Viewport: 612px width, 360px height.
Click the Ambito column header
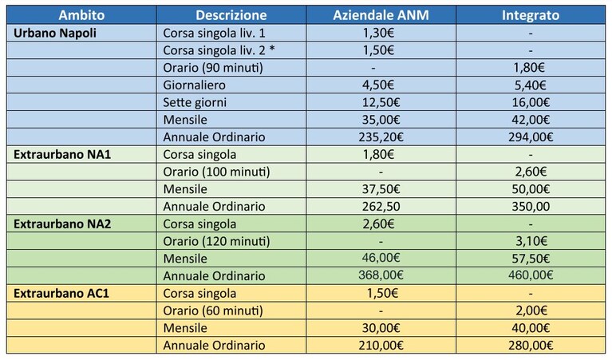pyautogui.click(x=81, y=15)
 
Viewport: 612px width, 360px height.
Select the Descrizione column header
pyautogui.click(x=231, y=15)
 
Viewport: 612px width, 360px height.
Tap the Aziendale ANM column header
pyautogui.click(x=381, y=15)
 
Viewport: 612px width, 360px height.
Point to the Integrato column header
pyautogui.click(x=531, y=15)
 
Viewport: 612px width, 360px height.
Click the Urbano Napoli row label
pyautogui.click(x=55, y=34)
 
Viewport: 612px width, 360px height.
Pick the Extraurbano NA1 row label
pyautogui.click(x=62, y=155)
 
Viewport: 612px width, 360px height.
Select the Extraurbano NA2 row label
pyautogui.click(x=62, y=224)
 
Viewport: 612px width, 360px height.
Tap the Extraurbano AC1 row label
pyautogui.click(x=61, y=293)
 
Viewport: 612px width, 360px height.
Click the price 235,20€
pyautogui.click(x=381, y=137)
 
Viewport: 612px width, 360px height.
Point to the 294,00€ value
pyautogui.click(x=531, y=137)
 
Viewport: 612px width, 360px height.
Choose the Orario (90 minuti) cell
pyautogui.click(x=213, y=68)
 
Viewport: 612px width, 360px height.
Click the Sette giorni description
pyautogui.click(x=195, y=103)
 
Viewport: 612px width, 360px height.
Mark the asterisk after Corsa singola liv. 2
pyautogui.click(x=272, y=49)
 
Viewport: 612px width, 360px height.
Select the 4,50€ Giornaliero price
pyautogui.click(x=378, y=85)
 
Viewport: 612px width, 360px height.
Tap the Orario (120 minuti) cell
pyautogui.click(x=216, y=241)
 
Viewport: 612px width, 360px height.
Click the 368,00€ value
pyautogui.click(x=381, y=275)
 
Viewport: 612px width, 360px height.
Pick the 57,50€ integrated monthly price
pyautogui.click(x=531, y=259)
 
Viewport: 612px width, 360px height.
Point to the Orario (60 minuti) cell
pyautogui.click(x=213, y=311)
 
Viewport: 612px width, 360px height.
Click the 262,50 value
pyautogui.click(x=381, y=207)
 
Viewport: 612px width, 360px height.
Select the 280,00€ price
pyautogui.click(x=531, y=346)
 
